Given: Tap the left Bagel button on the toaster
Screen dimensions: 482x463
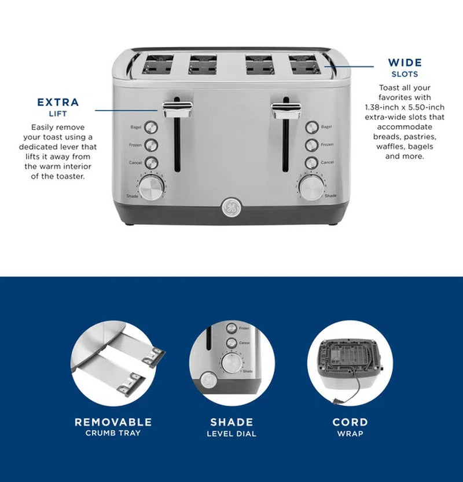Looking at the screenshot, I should pos(151,127).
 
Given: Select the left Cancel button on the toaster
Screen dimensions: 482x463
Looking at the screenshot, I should pos(151,163).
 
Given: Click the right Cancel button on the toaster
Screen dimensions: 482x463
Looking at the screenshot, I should pos(312,163).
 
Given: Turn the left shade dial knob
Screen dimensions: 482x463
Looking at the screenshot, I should pos(150,188).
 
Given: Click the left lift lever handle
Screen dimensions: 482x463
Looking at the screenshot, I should pos(178,107).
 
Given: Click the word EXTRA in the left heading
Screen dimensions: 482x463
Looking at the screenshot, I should pos(58,103).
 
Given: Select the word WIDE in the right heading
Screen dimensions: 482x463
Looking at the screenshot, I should pos(405,63).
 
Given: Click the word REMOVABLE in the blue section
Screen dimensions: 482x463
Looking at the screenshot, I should pos(113,422).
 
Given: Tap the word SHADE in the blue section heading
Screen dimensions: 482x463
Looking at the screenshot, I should pos(231,422).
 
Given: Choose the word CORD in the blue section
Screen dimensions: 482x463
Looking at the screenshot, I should pos(350,422).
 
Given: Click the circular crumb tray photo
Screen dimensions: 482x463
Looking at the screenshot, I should pos(113,363).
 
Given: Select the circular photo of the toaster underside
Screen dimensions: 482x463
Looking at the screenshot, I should pos(350,363).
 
